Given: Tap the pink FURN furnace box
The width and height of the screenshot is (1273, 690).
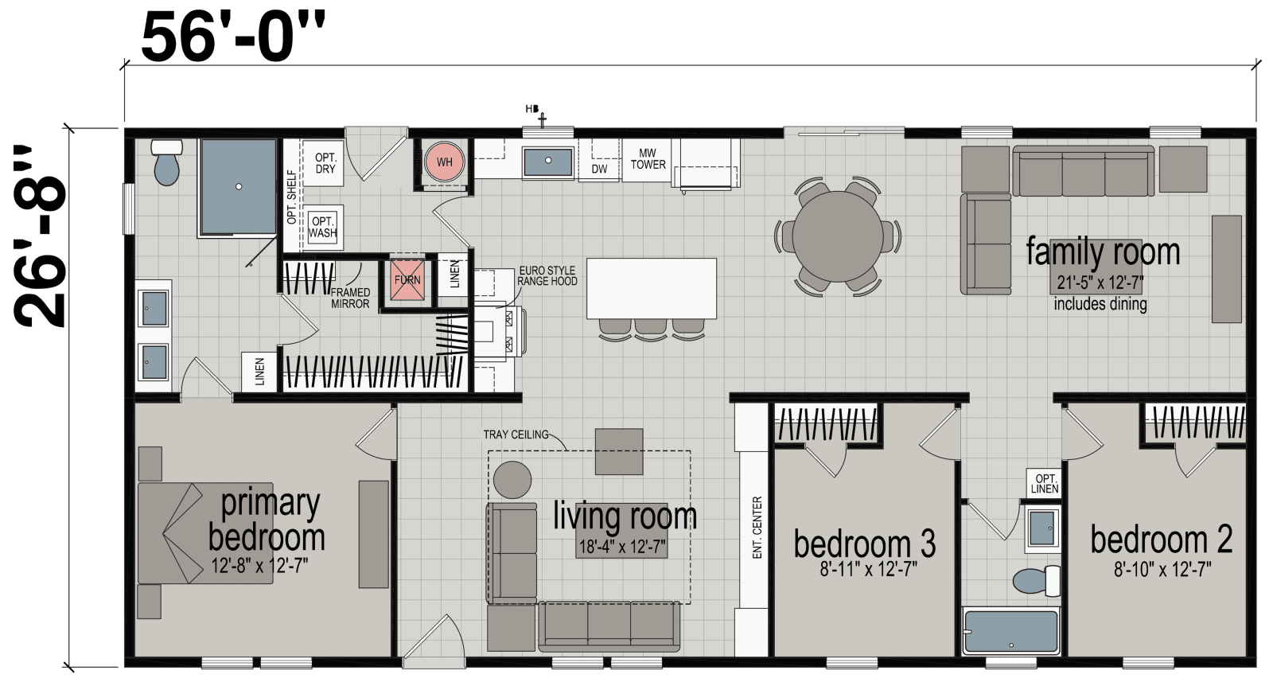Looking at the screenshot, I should click(x=407, y=280).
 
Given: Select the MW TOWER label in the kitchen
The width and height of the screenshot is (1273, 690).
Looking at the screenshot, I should click(x=648, y=159).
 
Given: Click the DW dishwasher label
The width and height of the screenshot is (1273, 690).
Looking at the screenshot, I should click(x=599, y=169).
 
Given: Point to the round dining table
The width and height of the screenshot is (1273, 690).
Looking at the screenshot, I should click(x=838, y=236).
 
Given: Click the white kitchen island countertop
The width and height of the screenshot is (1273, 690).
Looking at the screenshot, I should click(x=651, y=287).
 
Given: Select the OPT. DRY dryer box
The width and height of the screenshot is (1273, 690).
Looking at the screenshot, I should click(x=325, y=163).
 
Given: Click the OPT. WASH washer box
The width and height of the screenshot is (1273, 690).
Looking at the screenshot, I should click(x=323, y=227).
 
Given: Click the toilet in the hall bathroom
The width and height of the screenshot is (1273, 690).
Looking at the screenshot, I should click(x=1034, y=579).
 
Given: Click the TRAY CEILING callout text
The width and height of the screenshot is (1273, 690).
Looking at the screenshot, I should click(x=516, y=435).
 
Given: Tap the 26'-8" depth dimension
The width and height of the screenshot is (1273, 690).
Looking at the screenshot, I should click(x=40, y=236).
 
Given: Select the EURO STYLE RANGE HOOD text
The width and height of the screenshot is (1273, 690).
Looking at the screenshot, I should click(x=547, y=276).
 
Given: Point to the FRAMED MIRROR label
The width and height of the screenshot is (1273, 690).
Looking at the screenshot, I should click(x=351, y=298).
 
